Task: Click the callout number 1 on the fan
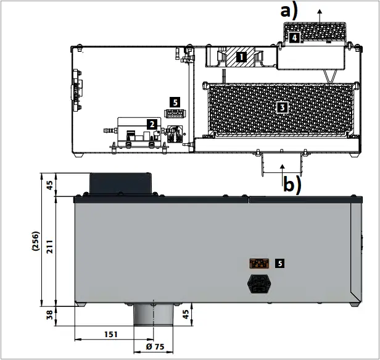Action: click(241, 57)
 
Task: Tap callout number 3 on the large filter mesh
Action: click(282, 107)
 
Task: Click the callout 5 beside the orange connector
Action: click(280, 263)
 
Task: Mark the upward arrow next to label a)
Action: click(319, 12)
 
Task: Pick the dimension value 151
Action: click(109, 334)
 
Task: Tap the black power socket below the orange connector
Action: click(258, 284)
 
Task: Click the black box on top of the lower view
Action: click(120, 183)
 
